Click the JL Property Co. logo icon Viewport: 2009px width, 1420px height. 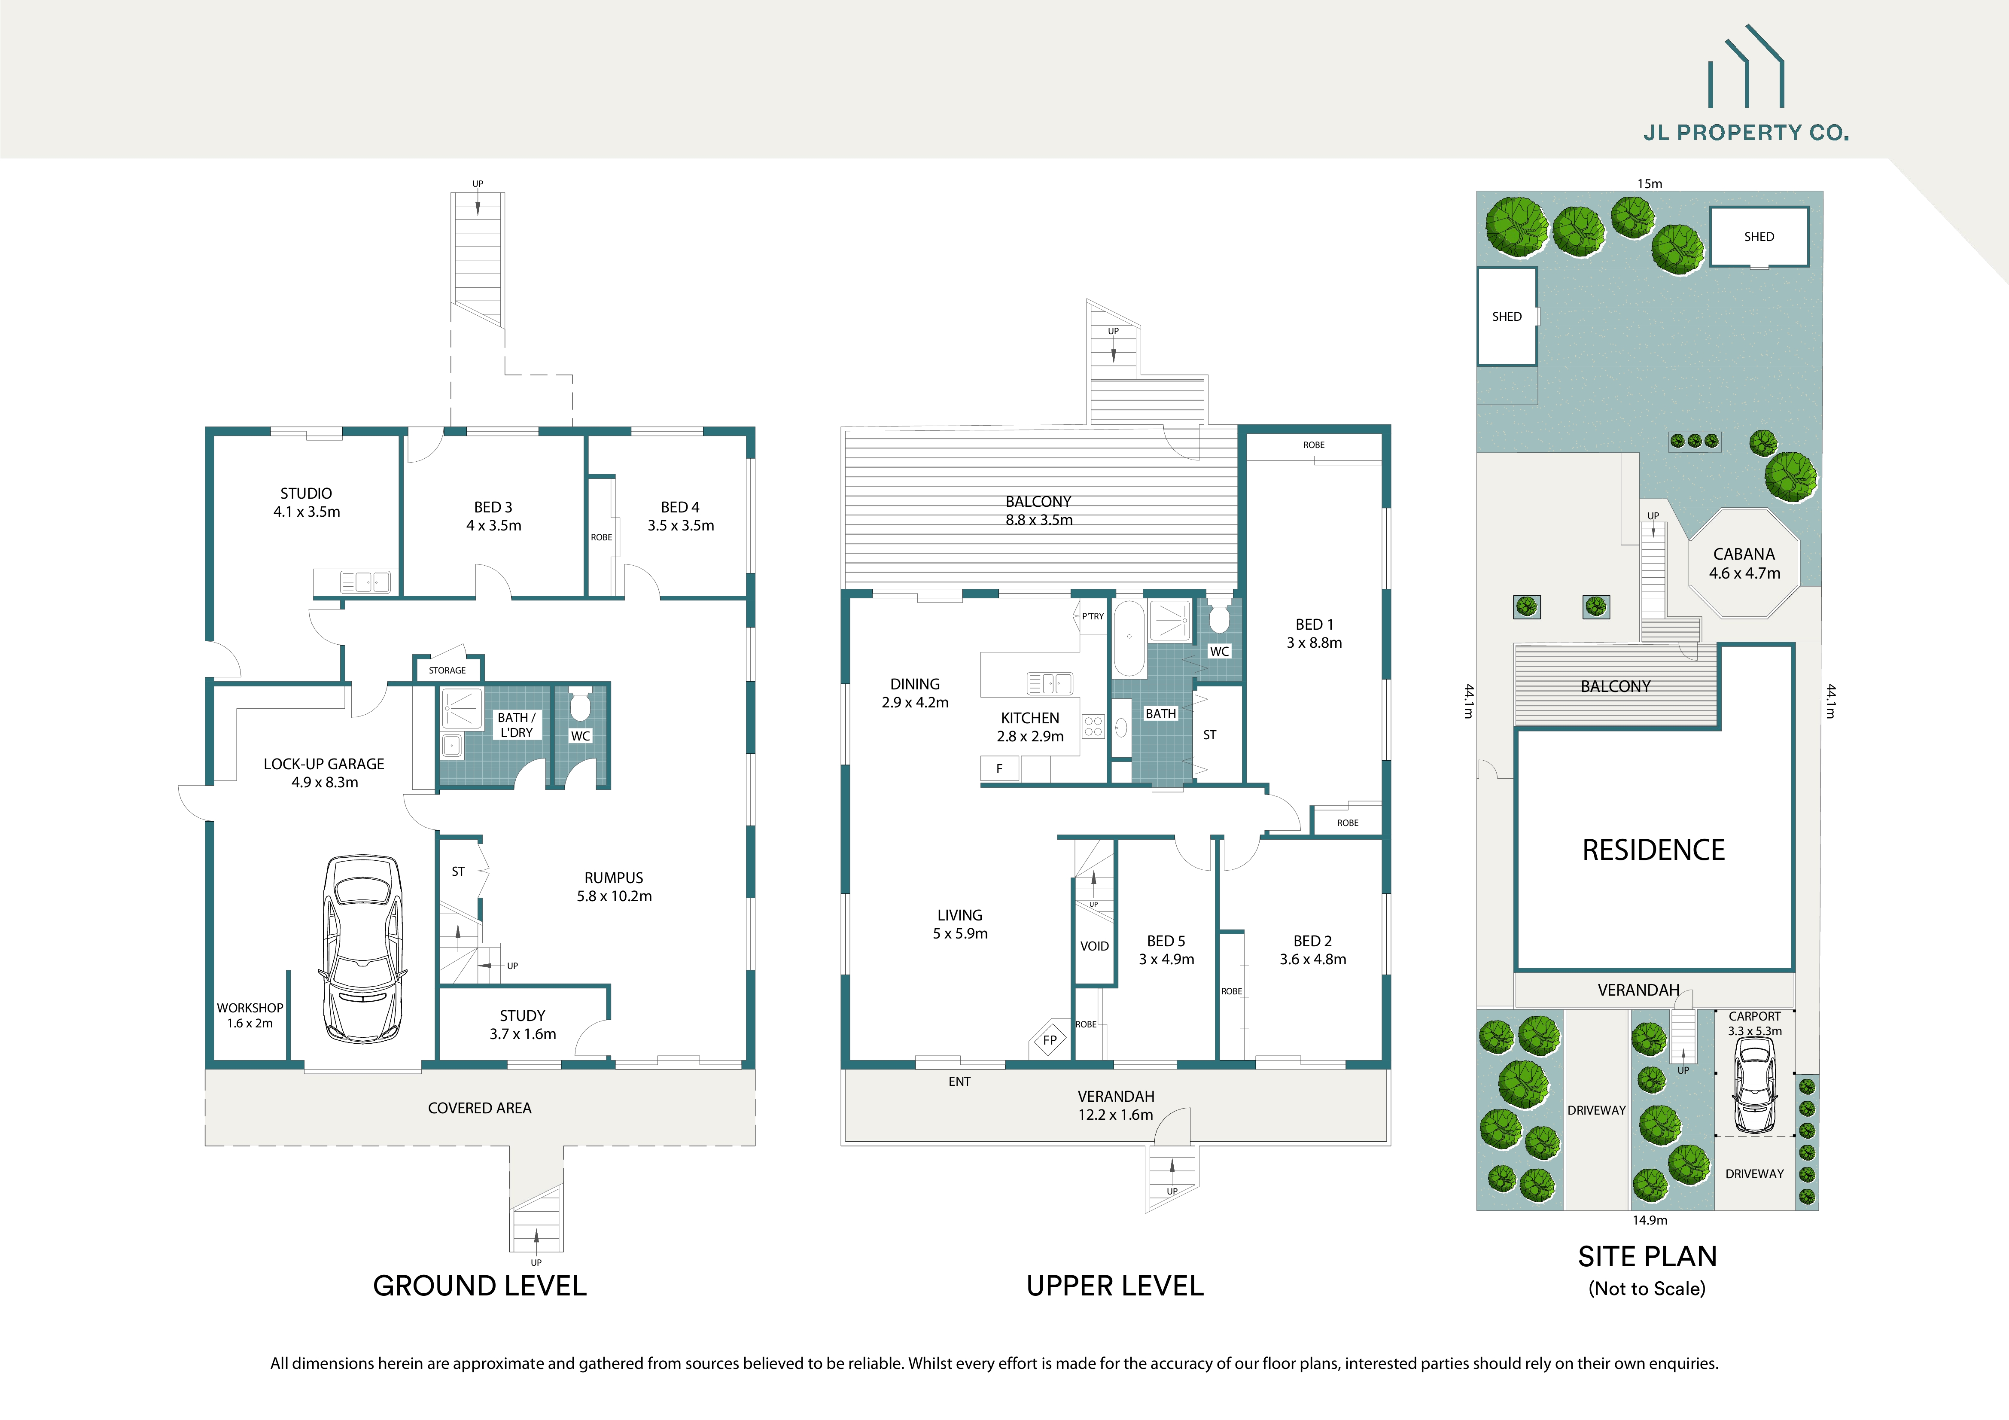tap(1746, 68)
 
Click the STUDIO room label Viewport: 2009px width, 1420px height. tap(306, 494)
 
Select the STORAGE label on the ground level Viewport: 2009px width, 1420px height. tap(447, 670)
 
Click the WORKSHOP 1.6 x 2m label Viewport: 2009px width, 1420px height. tap(250, 1015)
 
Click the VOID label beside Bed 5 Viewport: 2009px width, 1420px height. tap(1094, 946)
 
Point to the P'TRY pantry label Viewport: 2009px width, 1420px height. tap(1093, 616)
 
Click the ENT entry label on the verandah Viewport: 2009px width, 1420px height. tap(959, 1082)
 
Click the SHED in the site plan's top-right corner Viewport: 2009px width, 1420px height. tap(1759, 236)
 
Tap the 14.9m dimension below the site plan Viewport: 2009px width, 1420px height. tap(1650, 1220)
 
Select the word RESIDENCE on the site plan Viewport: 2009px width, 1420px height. tap(1653, 850)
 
